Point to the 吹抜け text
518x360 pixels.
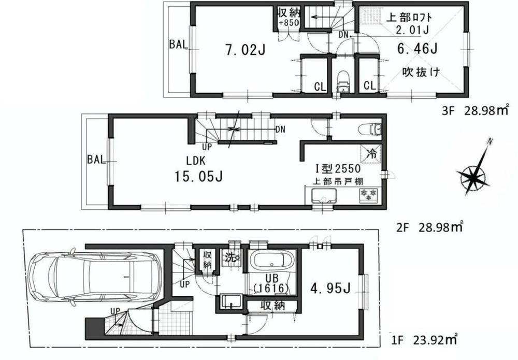421,73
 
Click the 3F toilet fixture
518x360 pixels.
342,83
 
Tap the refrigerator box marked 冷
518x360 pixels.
371,154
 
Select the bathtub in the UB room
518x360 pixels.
272,263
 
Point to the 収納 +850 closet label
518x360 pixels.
287,17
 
